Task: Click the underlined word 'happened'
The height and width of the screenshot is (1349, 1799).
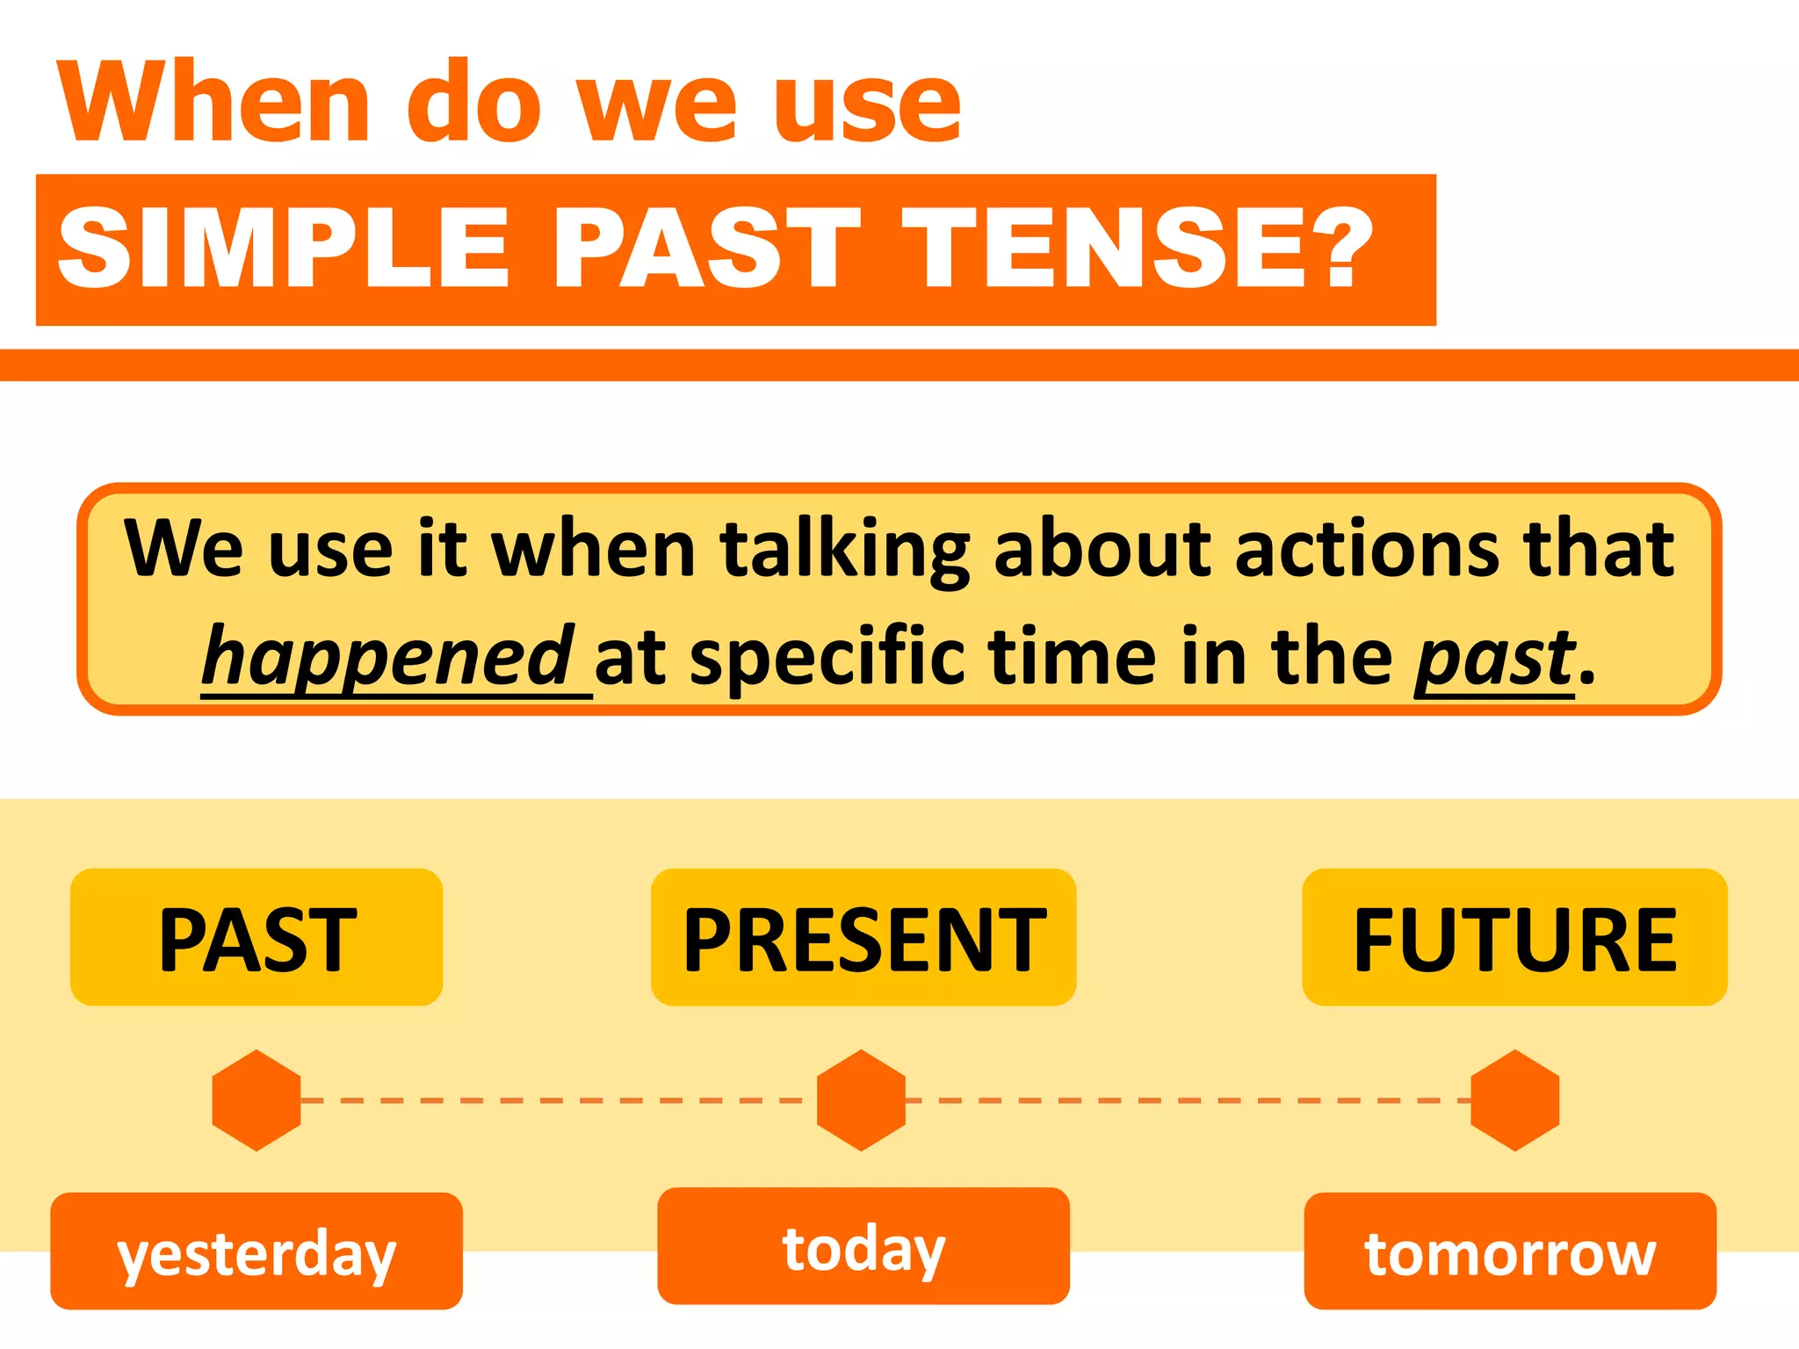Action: point(387,657)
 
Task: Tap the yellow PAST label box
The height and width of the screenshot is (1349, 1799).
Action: point(256,938)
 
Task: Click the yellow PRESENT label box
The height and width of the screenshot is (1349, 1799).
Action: point(863,938)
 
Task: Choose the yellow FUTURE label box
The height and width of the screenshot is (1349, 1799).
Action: point(1514,938)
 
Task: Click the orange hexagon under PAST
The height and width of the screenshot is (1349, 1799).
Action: point(256,1100)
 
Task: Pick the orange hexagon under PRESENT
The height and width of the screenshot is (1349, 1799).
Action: point(862,1100)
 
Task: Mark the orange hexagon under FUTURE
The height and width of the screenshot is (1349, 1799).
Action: point(1515,1100)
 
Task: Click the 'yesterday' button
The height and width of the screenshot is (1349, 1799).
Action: point(256,1252)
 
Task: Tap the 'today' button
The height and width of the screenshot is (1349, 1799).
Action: point(863,1246)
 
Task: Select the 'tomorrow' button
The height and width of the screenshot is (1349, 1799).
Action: point(1510,1252)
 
